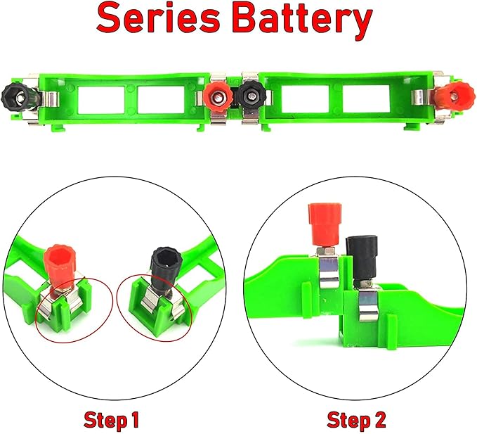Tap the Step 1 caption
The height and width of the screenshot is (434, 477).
coord(111,421)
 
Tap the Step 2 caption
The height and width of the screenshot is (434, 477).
coord(356,421)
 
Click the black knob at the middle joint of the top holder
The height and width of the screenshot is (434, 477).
coord(249,94)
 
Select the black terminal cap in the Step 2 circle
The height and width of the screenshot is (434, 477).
coord(360,250)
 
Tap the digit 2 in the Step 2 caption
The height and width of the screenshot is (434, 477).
coord(379,421)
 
